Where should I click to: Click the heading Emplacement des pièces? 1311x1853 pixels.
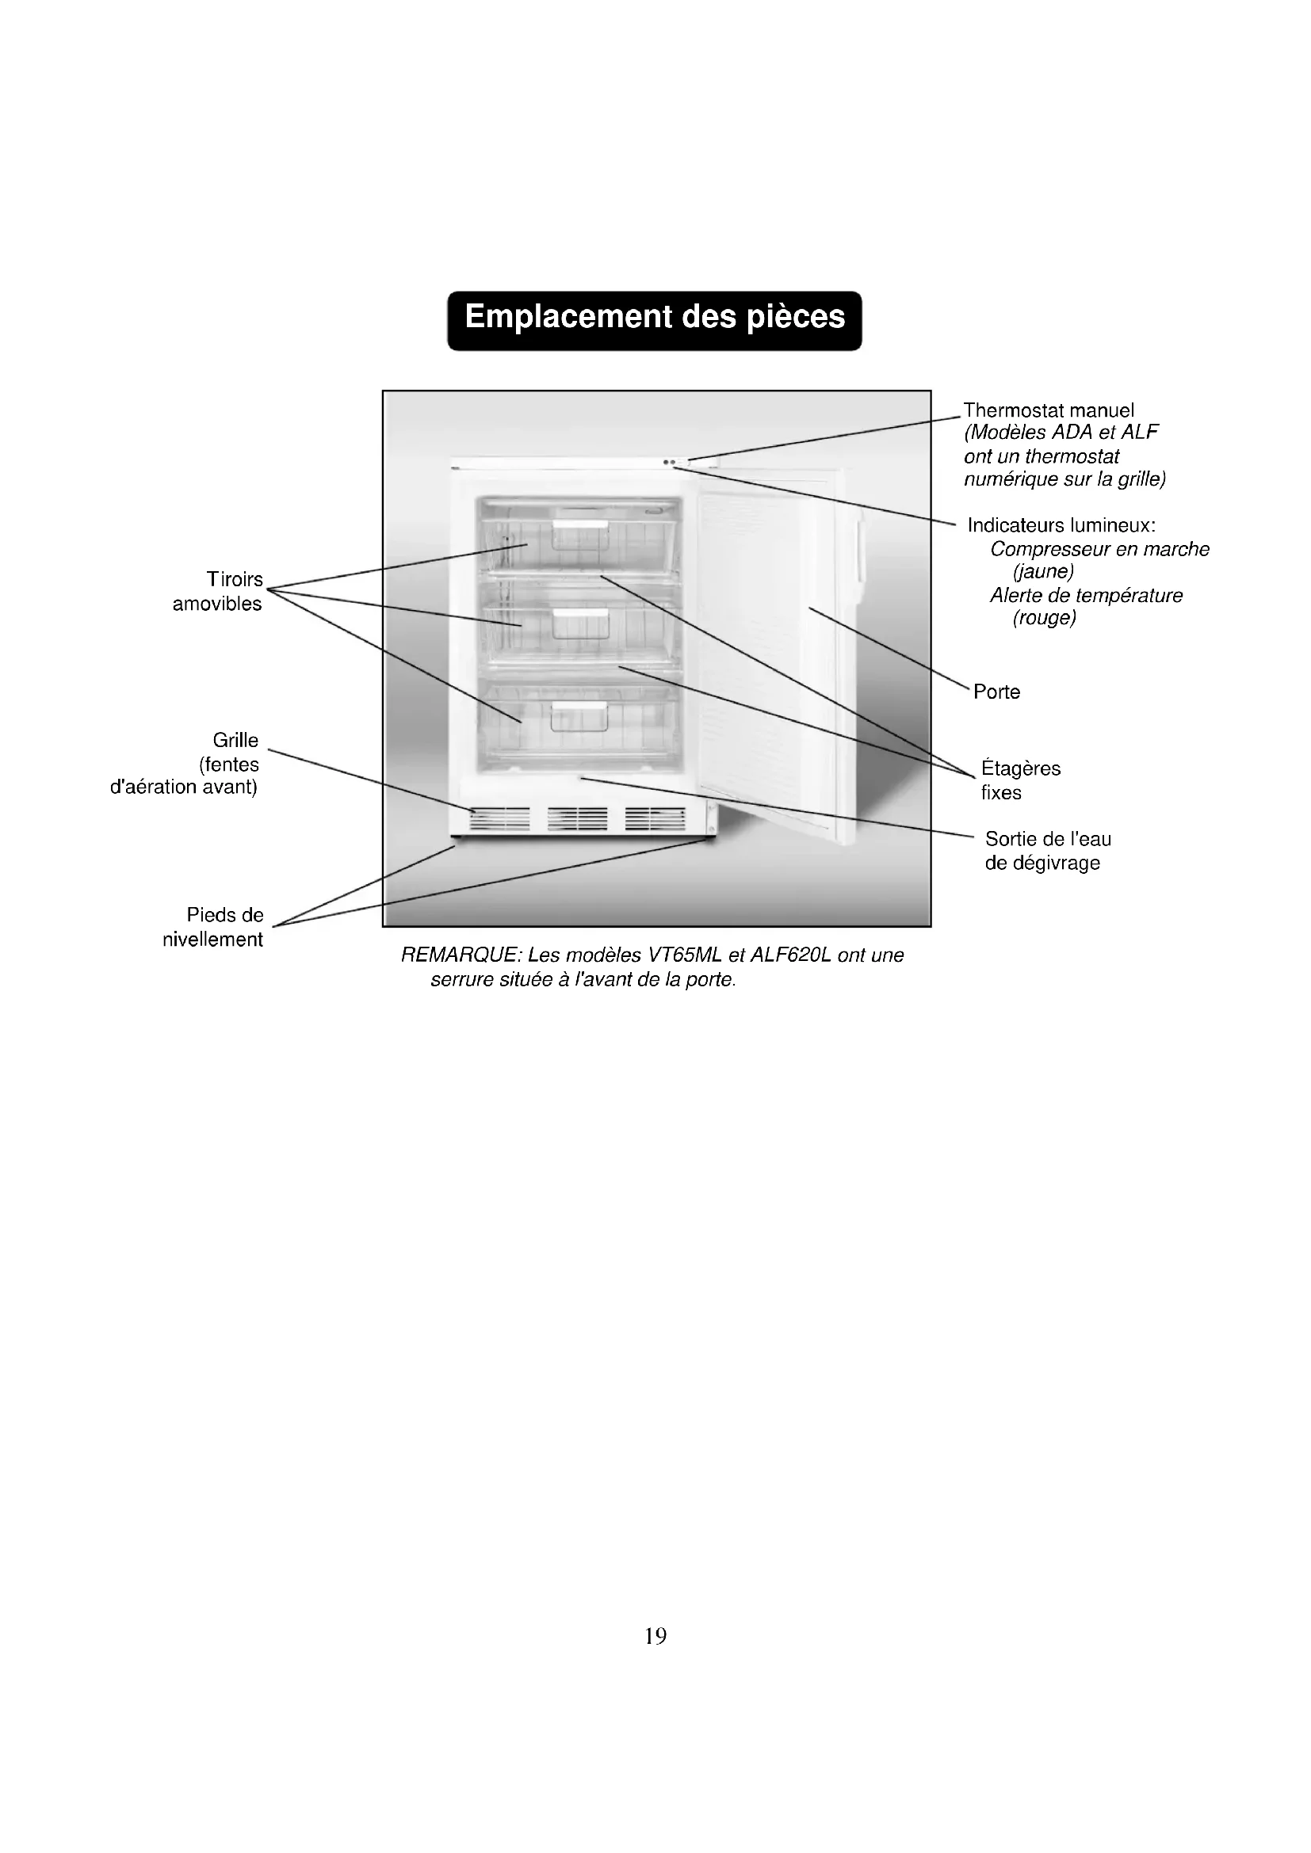[655, 317]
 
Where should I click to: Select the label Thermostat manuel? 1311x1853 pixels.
[1049, 411]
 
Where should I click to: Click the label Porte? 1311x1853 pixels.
[996, 692]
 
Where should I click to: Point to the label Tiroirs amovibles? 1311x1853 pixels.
[218, 592]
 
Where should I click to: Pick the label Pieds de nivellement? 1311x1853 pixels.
[214, 928]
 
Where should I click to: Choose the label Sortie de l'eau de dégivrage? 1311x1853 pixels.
[1047, 851]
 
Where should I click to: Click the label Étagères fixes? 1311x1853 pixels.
[1020, 780]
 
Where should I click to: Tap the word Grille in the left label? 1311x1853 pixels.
[235, 740]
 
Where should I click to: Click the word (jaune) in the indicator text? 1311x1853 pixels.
[1043, 571]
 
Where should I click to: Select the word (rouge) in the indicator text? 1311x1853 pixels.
[1044, 618]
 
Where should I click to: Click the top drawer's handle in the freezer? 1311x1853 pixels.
[579, 525]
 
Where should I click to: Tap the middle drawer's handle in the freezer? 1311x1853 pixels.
[579, 615]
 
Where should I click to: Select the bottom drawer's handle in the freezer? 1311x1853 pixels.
[579, 707]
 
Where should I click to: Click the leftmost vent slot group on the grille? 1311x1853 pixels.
[499, 818]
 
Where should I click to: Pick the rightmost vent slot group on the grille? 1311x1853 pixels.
[655, 818]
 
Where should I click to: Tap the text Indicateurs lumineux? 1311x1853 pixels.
[1061, 525]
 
